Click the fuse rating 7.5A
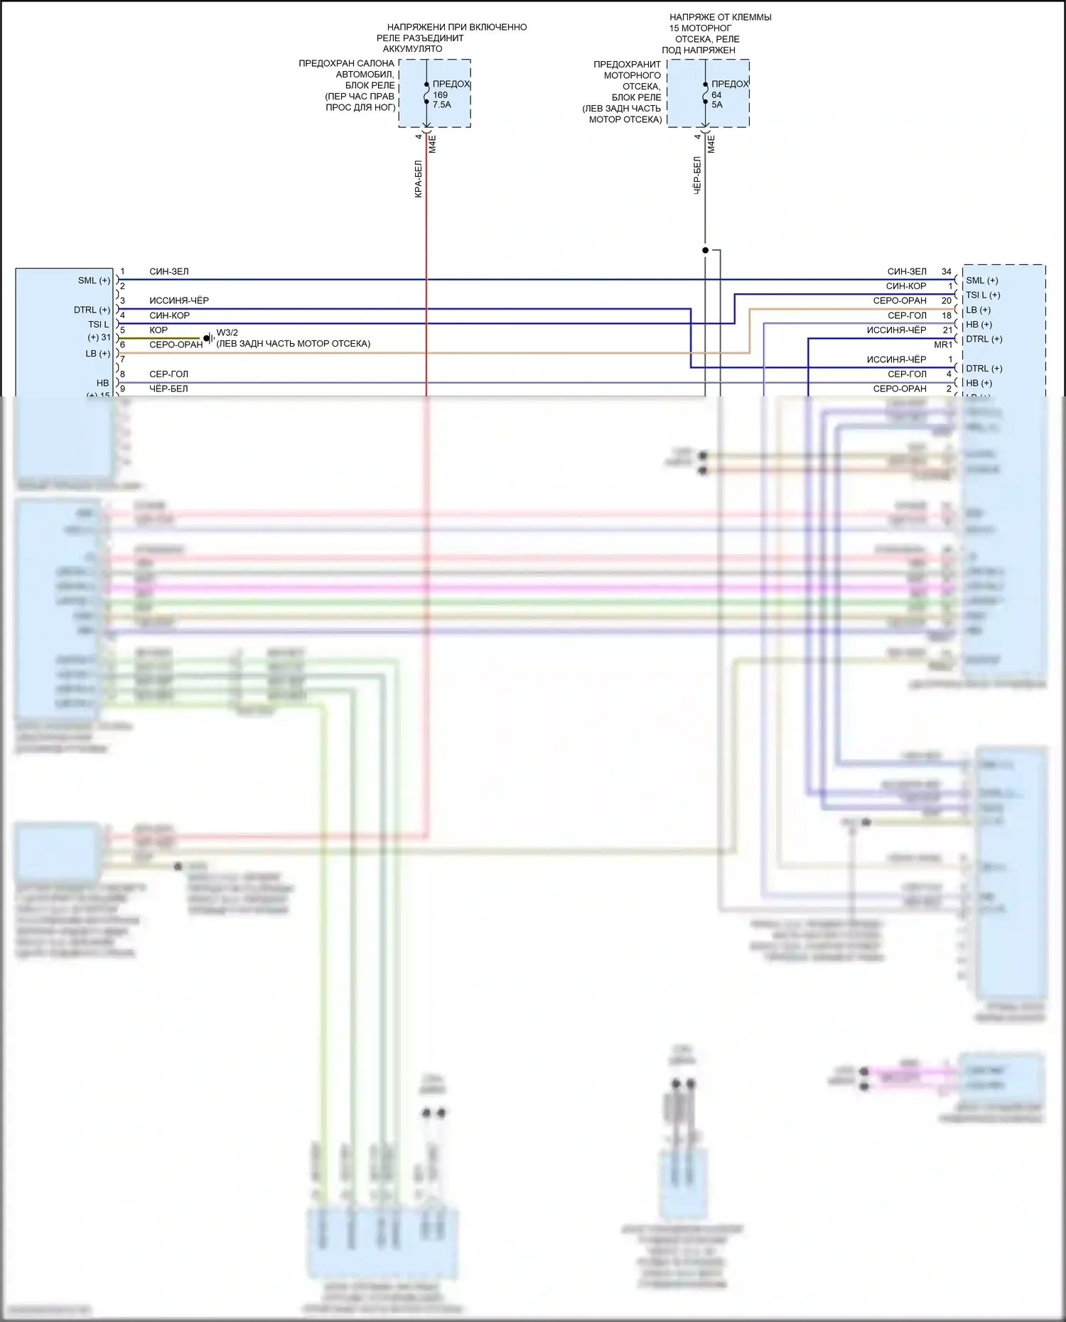442,105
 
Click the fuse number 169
441,95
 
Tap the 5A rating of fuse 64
717,105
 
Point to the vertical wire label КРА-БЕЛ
419,179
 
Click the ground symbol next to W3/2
209,338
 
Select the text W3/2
227,332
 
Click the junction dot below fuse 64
705,250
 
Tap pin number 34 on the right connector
946,271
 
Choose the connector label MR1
943,345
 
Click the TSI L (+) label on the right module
983,295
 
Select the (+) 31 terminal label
99,337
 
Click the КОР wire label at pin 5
158,330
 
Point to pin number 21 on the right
947,330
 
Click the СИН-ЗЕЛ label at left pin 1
169,271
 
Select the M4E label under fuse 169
433,144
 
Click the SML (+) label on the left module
94,281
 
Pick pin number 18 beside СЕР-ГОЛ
947,315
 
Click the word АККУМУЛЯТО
412,49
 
